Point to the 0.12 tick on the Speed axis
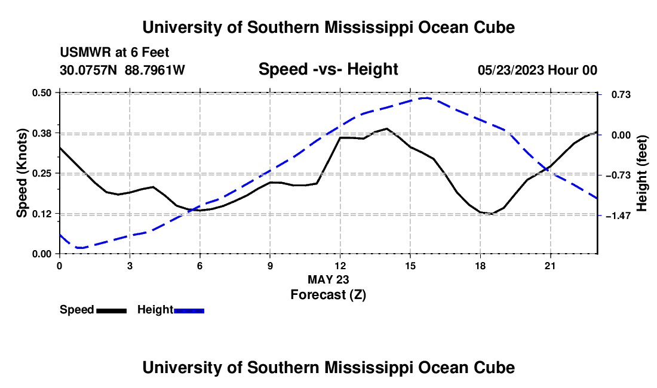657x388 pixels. (42, 214)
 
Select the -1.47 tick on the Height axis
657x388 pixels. (618, 215)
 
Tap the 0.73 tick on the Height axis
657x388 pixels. (621, 94)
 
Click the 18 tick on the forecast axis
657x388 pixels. (480, 266)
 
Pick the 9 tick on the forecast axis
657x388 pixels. (270, 266)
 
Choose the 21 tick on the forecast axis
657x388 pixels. (550, 266)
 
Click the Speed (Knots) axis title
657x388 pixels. (22, 173)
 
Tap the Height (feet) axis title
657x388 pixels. (642, 173)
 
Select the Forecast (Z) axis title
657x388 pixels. (328, 295)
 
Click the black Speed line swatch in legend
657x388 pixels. (112, 311)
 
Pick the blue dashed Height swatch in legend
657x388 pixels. (189, 311)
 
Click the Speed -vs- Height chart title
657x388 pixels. (328, 69)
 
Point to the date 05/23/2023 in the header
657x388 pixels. (511, 70)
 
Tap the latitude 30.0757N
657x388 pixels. (88, 70)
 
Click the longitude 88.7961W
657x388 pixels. (155, 70)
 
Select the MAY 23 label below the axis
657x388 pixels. (328, 279)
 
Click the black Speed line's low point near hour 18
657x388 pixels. (491, 214)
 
